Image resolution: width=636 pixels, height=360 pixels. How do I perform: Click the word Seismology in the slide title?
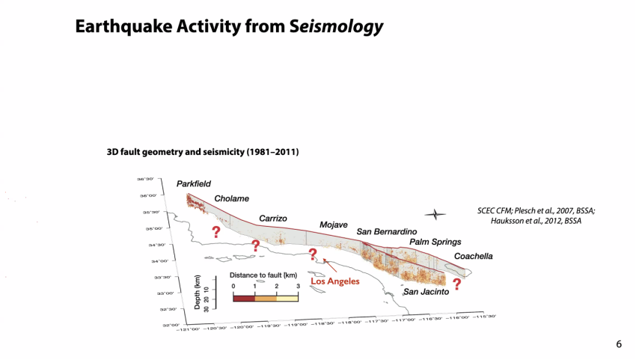coord(337,27)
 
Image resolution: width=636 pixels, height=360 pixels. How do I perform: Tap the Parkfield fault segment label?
coord(194,184)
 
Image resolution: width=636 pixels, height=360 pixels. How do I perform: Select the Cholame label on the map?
coord(231,199)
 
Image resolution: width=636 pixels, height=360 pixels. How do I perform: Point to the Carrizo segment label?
coord(273,219)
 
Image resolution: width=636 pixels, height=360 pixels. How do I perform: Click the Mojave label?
coord(334,225)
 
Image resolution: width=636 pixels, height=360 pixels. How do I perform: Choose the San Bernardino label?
coord(386,232)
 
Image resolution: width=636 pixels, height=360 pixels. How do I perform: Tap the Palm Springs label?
coord(435,242)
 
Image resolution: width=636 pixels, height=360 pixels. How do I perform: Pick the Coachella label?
coord(474,256)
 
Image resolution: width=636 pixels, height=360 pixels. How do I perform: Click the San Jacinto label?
coord(426,292)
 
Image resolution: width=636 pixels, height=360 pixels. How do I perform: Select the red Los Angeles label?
coord(335,281)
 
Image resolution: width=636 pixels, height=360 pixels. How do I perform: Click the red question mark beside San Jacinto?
coord(456,284)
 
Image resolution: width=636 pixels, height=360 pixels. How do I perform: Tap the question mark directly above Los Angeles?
coord(313,254)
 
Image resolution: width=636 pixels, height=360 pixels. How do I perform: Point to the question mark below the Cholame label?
coord(216,232)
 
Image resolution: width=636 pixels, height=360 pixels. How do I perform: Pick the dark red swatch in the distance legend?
coord(244,298)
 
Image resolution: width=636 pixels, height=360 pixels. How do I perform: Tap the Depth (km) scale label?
coord(197,292)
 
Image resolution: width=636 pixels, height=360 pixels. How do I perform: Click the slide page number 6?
coord(619,344)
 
